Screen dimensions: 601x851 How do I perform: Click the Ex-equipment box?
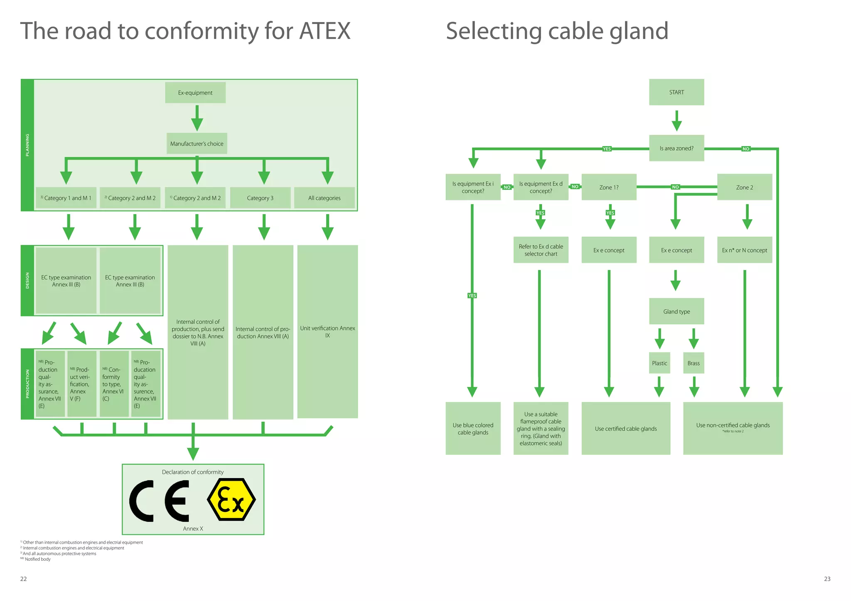tap(195, 93)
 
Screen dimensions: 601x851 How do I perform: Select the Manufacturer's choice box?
tap(197, 144)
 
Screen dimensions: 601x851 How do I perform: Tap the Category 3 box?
tap(260, 198)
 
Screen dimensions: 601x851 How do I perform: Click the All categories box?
tap(324, 198)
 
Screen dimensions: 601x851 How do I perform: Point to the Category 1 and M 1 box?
tap(66, 198)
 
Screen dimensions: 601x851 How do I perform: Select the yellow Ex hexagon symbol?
tap(231, 500)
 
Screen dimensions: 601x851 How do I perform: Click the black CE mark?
tap(160, 501)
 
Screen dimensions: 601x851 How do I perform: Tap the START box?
tap(676, 92)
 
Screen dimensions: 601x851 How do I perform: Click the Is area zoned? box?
tap(676, 148)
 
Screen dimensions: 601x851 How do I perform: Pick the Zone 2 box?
tap(744, 187)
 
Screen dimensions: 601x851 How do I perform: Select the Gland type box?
tap(676, 311)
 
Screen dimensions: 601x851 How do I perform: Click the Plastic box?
tap(659, 363)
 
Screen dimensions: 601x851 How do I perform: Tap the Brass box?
tap(694, 363)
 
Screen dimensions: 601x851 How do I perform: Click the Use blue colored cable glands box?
tap(473, 428)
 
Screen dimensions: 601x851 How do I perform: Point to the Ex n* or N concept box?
tap(744, 250)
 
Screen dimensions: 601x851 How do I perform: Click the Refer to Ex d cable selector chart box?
tap(541, 250)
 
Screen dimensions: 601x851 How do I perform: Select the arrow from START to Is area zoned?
tap(676, 120)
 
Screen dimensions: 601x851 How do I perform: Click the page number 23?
tap(827, 579)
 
